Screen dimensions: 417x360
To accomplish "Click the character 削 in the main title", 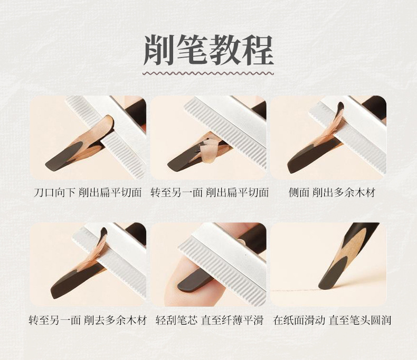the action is coord(159,50).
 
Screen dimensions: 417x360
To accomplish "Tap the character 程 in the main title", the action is coord(258,50).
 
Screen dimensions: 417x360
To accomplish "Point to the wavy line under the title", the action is coord(209,73).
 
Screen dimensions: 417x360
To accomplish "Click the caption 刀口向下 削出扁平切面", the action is coord(88,193).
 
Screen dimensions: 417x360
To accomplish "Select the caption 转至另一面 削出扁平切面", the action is coord(210,193).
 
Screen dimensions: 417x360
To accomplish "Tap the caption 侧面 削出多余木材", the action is coord(332,193).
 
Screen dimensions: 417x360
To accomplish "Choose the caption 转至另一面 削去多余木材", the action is coord(88,320).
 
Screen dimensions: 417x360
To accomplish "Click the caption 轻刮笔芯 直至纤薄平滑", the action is coord(210,320).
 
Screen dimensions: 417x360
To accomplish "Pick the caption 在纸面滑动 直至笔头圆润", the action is coord(332,320).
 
